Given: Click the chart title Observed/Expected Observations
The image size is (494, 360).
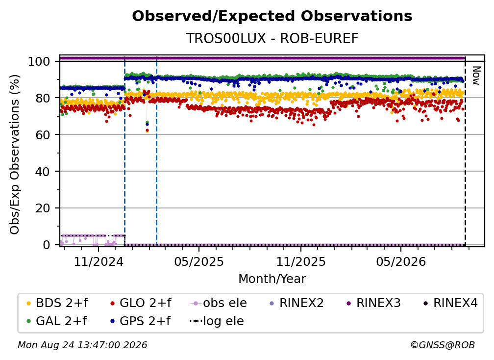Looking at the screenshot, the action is click(x=272, y=16).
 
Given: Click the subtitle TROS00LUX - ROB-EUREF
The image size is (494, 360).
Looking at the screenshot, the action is click(x=272, y=38).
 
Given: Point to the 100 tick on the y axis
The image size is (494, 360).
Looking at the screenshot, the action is click(x=39, y=61).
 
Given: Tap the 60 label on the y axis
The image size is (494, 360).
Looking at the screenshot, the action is click(x=43, y=134).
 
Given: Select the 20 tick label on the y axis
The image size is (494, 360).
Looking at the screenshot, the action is click(x=43, y=208).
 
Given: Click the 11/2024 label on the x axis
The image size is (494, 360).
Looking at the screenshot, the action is click(x=99, y=261).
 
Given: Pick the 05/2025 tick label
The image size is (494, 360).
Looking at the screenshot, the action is click(x=199, y=261).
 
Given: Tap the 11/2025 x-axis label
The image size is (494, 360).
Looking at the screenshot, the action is click(x=301, y=261).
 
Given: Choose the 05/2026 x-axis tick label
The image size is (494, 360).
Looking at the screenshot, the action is click(x=401, y=261).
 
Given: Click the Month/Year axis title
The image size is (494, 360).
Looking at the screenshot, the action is click(x=272, y=279).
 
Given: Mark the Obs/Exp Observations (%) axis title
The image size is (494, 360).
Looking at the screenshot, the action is click(x=15, y=154).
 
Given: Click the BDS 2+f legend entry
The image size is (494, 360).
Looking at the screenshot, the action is click(x=57, y=303).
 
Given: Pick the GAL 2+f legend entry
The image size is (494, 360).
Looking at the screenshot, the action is click(x=57, y=321).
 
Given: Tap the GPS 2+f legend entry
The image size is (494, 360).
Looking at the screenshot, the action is click(x=140, y=321).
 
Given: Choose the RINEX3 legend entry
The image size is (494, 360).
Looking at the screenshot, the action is click(x=373, y=303).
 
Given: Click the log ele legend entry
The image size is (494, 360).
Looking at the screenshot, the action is click(x=217, y=321).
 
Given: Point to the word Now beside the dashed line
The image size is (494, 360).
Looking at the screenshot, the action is click(x=476, y=76).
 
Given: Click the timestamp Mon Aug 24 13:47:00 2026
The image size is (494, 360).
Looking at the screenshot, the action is click(x=82, y=345).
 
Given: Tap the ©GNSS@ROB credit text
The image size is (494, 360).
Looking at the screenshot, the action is click(x=443, y=345).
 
